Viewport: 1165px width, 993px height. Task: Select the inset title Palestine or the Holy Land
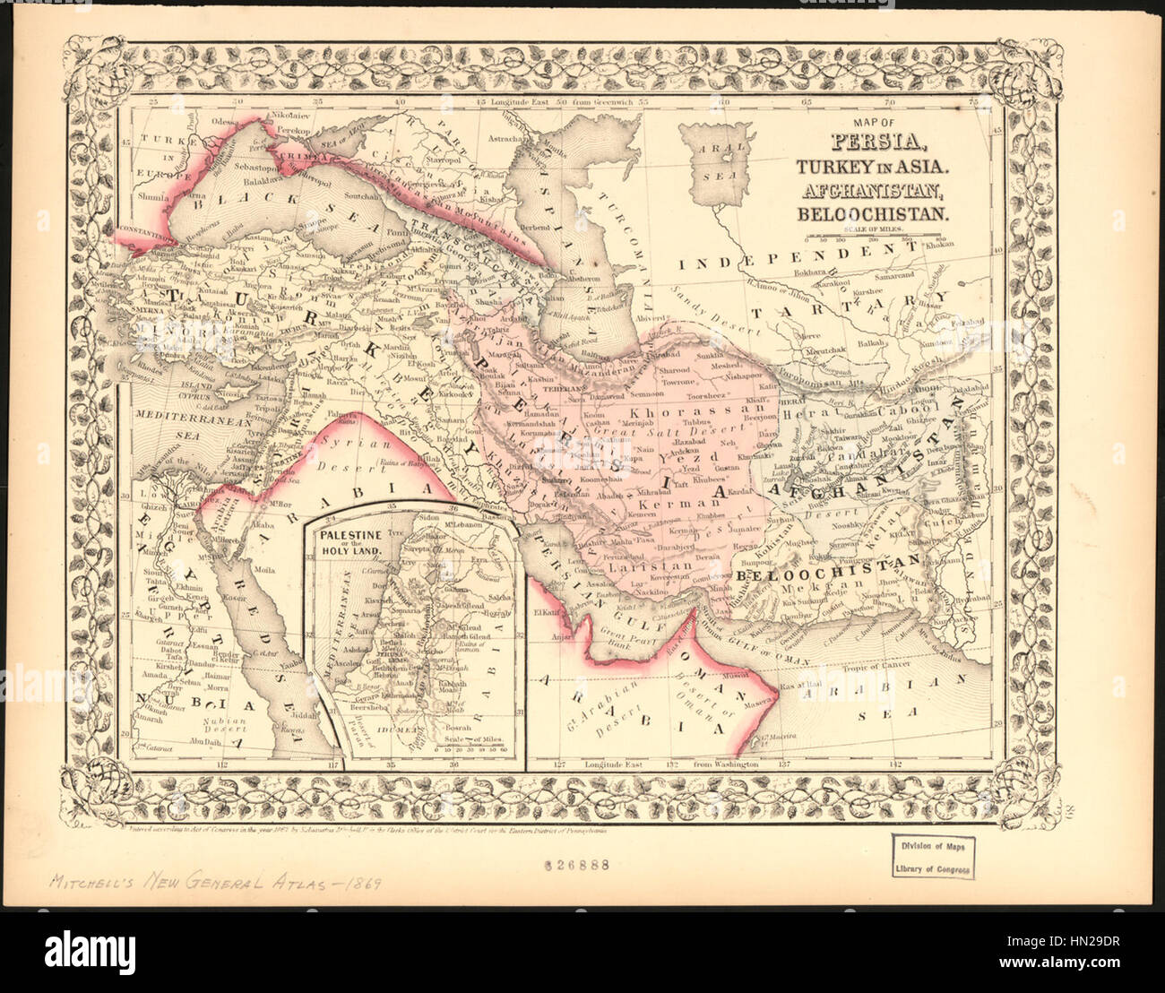(349, 542)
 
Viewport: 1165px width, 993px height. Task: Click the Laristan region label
(640, 567)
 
